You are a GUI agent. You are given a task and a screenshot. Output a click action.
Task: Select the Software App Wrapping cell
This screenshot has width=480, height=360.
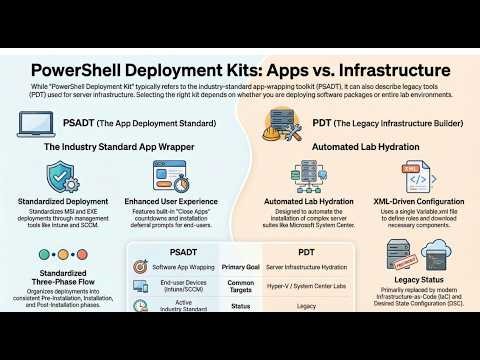pos(184,266)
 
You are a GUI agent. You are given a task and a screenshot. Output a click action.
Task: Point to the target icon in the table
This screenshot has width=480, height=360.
pos(140,267)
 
